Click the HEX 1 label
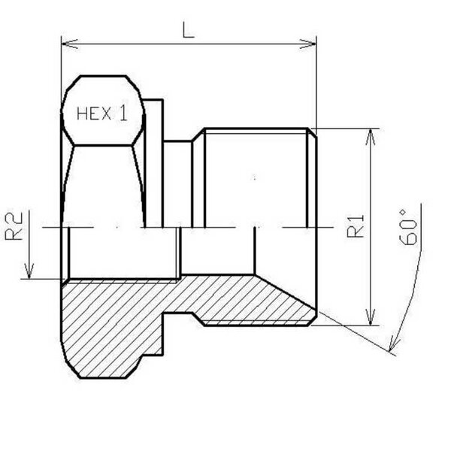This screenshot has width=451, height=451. click(x=102, y=114)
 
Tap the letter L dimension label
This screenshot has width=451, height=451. click(x=189, y=30)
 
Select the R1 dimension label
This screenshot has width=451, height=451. click(x=356, y=226)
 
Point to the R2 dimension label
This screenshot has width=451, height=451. click(x=14, y=226)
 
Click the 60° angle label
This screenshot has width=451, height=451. click(x=408, y=227)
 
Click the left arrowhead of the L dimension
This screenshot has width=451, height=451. click(x=69, y=44)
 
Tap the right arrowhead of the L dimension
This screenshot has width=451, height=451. click(x=307, y=44)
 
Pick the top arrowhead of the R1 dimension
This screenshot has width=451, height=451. click(x=371, y=137)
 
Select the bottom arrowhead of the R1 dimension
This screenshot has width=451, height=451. click(x=371, y=317)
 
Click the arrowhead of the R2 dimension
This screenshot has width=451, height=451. click(x=29, y=271)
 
